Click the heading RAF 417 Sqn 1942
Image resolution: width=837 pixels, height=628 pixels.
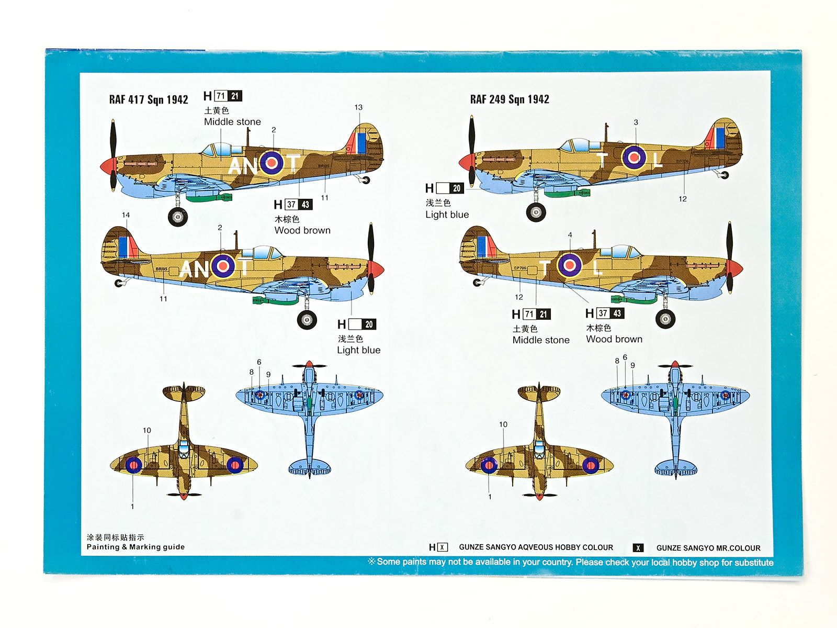(x=149, y=99)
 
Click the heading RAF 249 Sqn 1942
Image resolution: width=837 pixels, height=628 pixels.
(x=510, y=99)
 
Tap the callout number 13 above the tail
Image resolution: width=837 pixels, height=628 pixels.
(x=358, y=107)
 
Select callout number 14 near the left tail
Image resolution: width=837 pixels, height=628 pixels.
(x=126, y=215)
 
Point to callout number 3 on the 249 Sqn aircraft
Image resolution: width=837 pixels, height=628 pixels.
(x=636, y=122)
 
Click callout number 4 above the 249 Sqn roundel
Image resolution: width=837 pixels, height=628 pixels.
(x=570, y=235)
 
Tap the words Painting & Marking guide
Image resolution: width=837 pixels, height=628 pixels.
(x=135, y=547)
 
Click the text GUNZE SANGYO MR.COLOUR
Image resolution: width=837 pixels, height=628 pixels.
(x=708, y=548)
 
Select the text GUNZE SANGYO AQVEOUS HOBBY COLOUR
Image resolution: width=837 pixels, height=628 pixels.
(x=536, y=547)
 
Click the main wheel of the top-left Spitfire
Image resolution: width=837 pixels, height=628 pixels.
(x=178, y=216)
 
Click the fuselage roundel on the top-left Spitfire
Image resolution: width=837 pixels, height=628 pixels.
(x=272, y=163)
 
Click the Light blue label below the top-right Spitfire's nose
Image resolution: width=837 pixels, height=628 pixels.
(x=447, y=215)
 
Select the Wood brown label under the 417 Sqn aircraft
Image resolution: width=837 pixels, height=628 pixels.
(x=302, y=230)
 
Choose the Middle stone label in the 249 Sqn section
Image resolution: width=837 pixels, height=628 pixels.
(x=541, y=340)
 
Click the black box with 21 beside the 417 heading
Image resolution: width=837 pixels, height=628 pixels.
(x=235, y=96)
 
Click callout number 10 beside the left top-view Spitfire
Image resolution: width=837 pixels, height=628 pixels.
(x=147, y=430)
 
